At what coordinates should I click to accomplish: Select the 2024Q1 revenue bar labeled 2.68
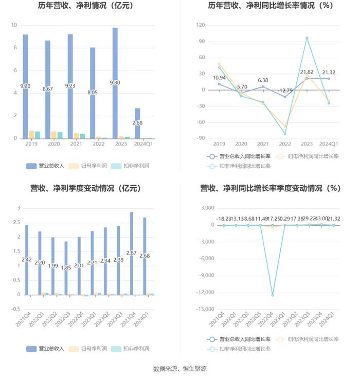(x=137, y=123)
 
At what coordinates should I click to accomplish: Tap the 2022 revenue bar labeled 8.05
(x=93, y=93)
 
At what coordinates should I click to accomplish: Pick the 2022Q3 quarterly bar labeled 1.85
(x=66, y=268)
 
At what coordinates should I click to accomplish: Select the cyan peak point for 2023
(x=307, y=38)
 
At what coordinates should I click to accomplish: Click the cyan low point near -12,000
(x=273, y=295)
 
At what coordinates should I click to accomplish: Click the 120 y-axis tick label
(x=201, y=25)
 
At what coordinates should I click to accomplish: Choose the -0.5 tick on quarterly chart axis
(x=15, y=309)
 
